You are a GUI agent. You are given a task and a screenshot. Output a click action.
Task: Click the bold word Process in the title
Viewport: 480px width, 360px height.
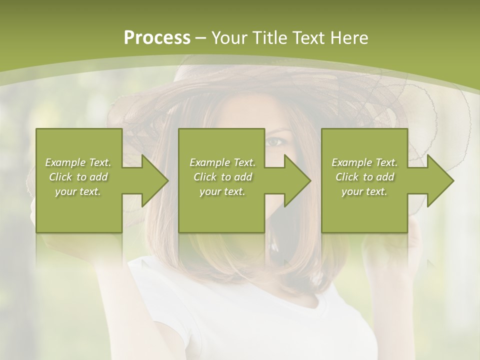point(157,38)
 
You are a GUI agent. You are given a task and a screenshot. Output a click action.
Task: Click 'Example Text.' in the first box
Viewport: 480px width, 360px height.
point(78,162)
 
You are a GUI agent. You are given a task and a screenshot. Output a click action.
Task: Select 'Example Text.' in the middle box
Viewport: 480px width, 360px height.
point(222,162)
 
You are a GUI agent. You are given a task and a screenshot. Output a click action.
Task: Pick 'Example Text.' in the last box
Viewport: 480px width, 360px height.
point(364,162)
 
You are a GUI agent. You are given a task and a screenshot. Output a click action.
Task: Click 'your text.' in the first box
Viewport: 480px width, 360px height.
point(78,191)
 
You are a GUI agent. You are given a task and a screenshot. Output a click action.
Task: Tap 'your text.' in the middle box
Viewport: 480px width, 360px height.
point(222,191)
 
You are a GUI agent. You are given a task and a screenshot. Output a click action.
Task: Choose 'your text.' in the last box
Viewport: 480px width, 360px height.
point(364,191)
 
